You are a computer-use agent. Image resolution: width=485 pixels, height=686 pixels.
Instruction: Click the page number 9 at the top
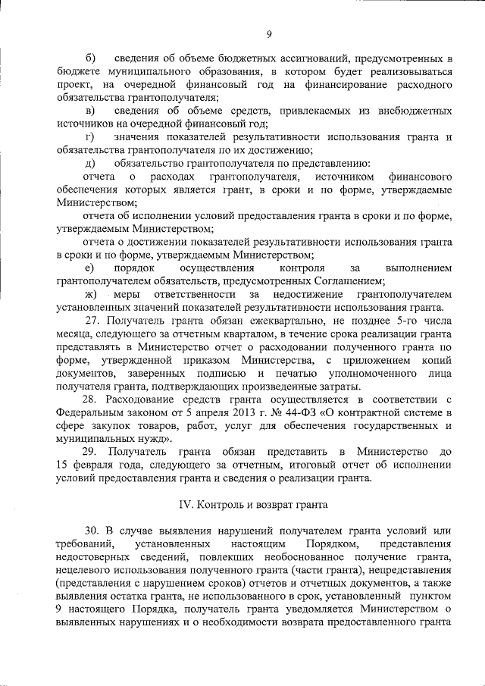(x=269, y=33)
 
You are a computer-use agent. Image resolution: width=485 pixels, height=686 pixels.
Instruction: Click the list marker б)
(x=92, y=58)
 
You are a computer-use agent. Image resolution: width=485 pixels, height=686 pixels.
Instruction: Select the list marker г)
(x=91, y=136)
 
